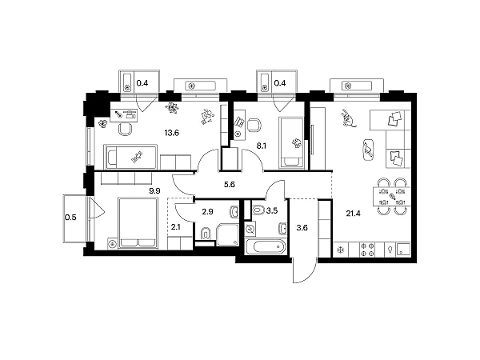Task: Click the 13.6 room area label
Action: coord(171,133)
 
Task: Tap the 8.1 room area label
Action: coord(261,146)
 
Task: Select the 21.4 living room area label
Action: coord(354,214)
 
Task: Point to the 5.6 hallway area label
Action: coord(230,184)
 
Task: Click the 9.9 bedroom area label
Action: coord(154,191)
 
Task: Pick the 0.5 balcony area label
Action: coord(70,218)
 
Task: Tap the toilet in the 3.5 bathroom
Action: coord(258,210)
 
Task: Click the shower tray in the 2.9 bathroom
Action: coord(227,234)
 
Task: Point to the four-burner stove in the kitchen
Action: coord(367,250)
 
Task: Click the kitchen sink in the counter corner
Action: coord(403,250)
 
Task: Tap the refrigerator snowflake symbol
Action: coord(339,250)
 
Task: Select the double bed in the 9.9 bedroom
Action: coord(138,223)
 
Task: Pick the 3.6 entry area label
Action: coord(302,228)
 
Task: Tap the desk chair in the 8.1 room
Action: coord(254,125)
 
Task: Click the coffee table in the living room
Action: coord(368,150)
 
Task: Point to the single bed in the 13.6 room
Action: coord(130,157)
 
